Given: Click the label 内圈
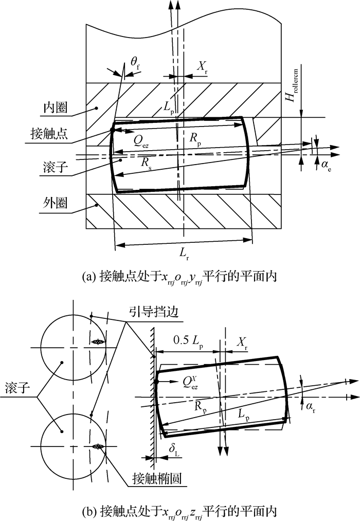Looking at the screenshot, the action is [55, 107].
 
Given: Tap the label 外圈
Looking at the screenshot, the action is [55, 202].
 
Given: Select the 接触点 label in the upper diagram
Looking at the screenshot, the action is [49, 133].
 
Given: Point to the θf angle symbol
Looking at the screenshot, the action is [135, 63].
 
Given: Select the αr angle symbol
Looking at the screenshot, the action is [311, 407].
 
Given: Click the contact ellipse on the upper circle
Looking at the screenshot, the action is [98, 342].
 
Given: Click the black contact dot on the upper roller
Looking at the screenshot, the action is [113, 130].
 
